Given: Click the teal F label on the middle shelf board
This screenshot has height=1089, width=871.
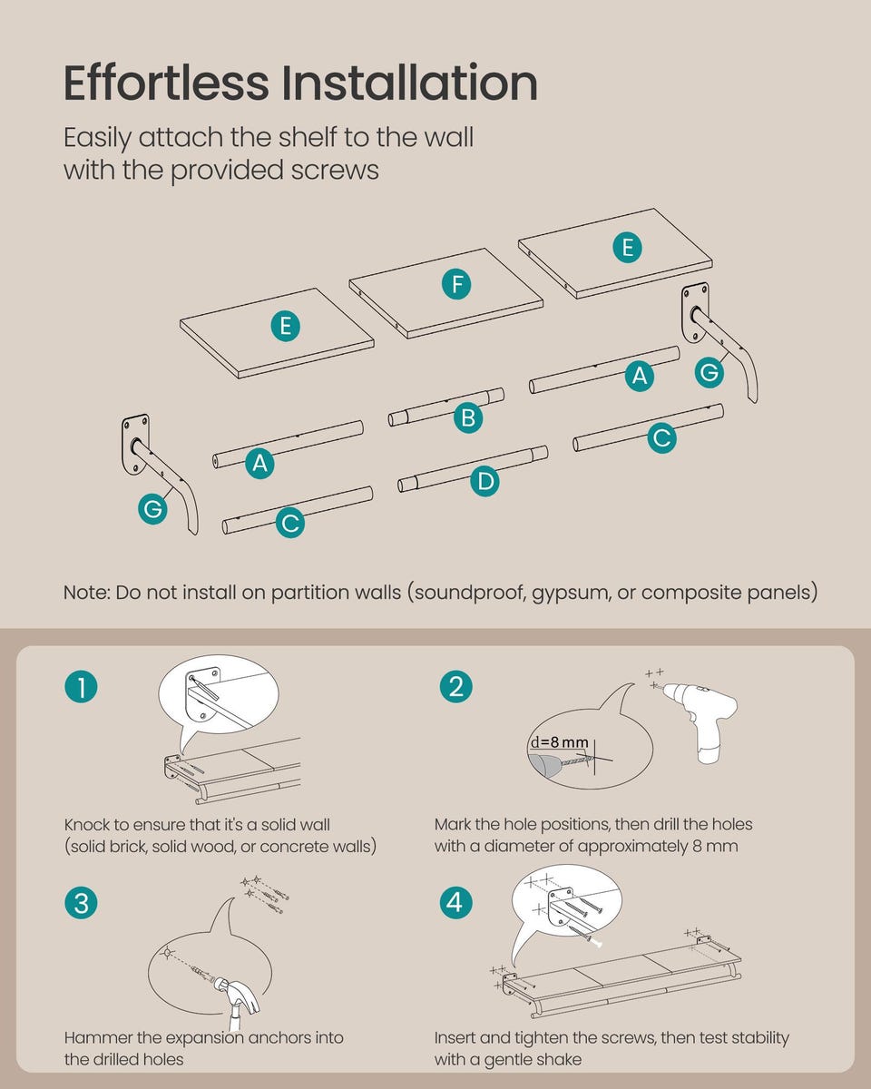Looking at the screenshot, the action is (x=456, y=284).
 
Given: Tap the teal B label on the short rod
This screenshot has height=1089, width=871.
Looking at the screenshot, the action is (x=468, y=418).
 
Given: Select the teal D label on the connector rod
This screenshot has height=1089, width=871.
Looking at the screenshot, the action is (x=484, y=481).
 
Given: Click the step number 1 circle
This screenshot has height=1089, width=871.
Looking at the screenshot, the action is (x=81, y=687).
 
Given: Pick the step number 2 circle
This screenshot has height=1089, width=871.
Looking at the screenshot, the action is (x=455, y=687).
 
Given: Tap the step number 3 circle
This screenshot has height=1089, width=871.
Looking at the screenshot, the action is (x=81, y=903).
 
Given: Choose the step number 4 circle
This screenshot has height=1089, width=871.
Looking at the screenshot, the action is (x=455, y=903).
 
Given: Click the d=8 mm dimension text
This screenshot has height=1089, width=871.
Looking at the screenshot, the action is (x=559, y=742).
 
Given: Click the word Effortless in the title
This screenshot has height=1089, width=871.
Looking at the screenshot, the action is (x=166, y=83).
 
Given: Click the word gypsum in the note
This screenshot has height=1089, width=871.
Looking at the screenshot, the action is (x=570, y=594).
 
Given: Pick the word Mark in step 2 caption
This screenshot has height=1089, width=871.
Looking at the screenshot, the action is (x=452, y=824).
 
